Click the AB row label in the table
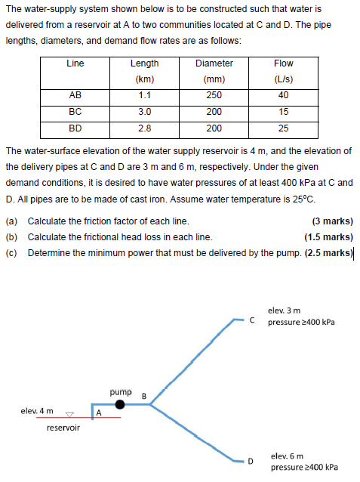click(x=75, y=96)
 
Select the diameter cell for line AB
click(x=214, y=96)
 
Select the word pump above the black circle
click(x=120, y=392)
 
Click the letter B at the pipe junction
click(x=143, y=394)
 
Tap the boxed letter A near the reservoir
click(x=99, y=412)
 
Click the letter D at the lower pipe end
click(x=254, y=459)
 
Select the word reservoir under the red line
click(x=63, y=428)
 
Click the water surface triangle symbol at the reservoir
click(x=69, y=414)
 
